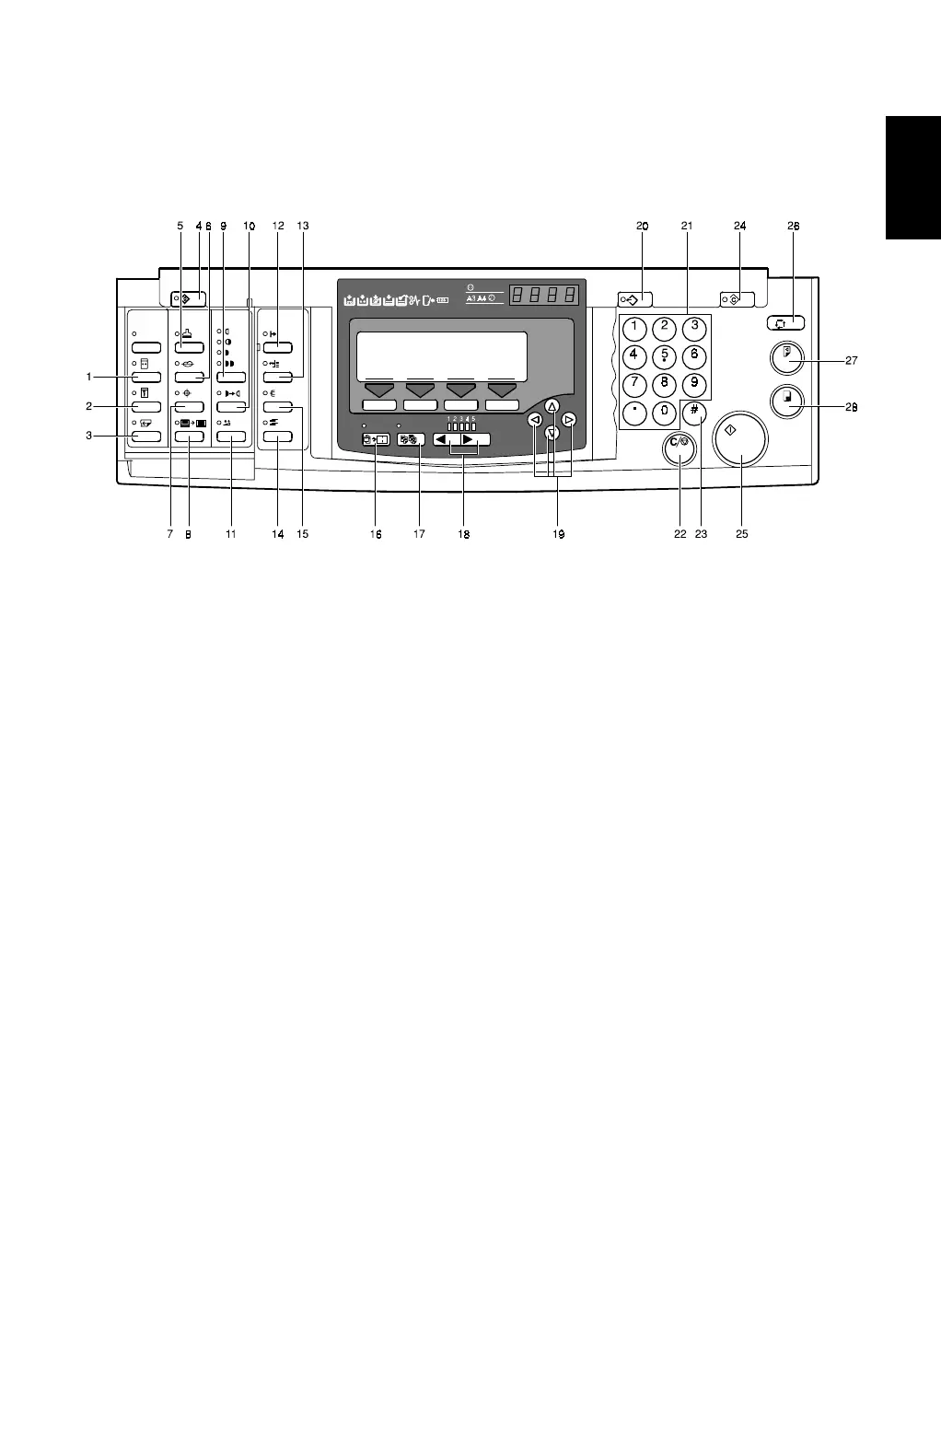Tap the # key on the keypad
point(697,413)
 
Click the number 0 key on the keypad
point(664,413)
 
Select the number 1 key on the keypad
point(633,326)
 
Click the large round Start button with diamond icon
point(738,437)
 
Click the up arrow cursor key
point(552,406)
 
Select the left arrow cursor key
point(534,420)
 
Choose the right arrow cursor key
point(569,420)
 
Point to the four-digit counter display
point(545,295)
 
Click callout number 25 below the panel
point(741,533)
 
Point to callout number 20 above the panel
point(642,225)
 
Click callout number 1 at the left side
point(89,377)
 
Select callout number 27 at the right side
point(851,361)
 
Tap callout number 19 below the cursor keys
point(558,533)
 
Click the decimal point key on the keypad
point(633,413)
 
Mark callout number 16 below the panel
point(376,533)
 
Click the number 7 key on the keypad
point(633,383)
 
